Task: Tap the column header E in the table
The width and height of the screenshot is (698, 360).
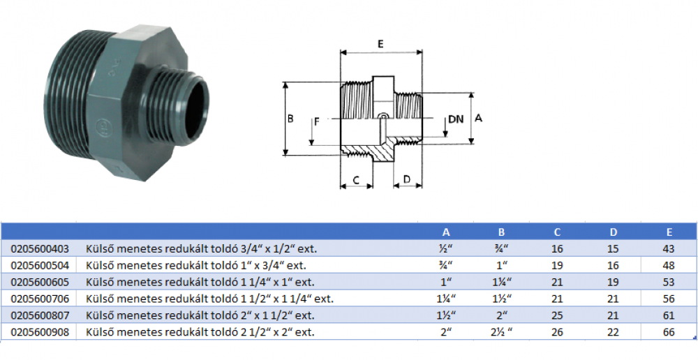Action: [669, 232]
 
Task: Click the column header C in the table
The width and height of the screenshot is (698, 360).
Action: [557, 232]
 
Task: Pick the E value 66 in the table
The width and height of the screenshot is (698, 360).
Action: [669, 332]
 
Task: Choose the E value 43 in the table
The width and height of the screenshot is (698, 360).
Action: [669, 248]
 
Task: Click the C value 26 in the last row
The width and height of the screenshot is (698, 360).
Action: [557, 332]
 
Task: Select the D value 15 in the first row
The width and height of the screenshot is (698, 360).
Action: [613, 248]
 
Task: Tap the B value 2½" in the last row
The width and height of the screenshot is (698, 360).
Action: [501, 332]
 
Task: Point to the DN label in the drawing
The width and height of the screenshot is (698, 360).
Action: [456, 119]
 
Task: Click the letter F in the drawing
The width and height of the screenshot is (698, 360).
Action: [316, 121]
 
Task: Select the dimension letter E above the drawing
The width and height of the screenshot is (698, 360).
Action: [380, 44]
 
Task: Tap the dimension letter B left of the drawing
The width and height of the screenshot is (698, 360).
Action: [290, 119]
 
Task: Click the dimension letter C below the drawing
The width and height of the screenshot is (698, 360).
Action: [356, 180]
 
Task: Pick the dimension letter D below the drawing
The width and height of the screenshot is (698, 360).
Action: [407, 180]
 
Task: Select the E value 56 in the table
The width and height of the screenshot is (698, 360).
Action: [669, 299]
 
